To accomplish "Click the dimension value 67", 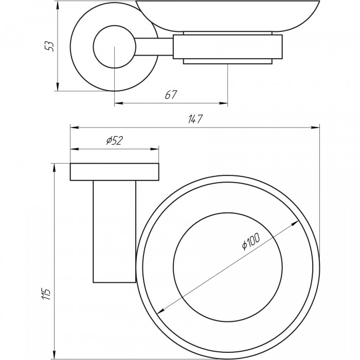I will (x=171, y=95).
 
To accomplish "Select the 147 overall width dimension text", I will (x=193, y=119).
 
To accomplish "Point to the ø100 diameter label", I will (x=250, y=242).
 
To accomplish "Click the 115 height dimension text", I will (x=47, y=293).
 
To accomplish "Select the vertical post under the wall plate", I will (x=114, y=231).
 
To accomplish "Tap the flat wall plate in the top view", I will (x=114, y=172).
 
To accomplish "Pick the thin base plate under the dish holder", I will (x=228, y=62).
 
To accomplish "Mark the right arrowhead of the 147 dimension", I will (x=317, y=128).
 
